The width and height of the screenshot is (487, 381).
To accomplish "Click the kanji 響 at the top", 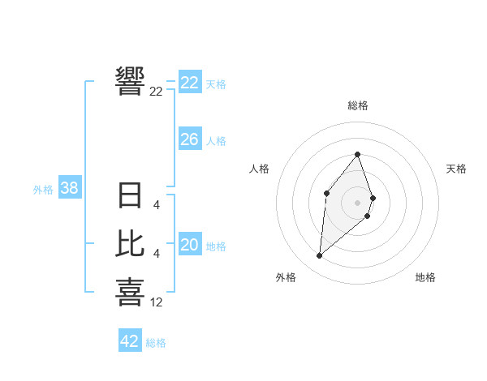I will pos(131,81).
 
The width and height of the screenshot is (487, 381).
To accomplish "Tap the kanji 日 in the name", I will pos(131,195).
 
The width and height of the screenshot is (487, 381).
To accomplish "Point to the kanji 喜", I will pos(131,292).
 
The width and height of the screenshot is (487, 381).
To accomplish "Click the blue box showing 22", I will pos(190,83).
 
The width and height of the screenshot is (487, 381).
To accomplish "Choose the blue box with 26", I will pos(190,139).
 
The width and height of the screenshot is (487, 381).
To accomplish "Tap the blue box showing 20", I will pos(190,245).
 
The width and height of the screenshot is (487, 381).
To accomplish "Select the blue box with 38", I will pos(70,188).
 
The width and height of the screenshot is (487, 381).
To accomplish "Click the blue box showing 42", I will pos(130,341).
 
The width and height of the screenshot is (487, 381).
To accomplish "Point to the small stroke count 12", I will pos(157,302).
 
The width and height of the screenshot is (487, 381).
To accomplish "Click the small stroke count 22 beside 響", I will pos(157,92).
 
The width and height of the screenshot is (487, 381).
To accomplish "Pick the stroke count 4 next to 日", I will pos(157,205).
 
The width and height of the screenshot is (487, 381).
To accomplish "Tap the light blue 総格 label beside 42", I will pos(156,343).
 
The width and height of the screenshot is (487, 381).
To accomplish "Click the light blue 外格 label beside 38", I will pos(43,190).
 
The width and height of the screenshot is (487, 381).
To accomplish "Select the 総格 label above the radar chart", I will pos(358,106).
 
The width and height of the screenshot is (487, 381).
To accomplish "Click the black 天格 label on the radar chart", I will pos(456,169).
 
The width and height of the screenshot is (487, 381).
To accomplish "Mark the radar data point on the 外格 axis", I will pos(320,256).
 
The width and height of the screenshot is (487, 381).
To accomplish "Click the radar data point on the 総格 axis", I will pos(358,155).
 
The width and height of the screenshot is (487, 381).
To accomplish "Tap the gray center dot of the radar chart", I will pos(358,201).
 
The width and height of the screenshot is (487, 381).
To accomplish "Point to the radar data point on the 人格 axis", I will pos(326,192).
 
